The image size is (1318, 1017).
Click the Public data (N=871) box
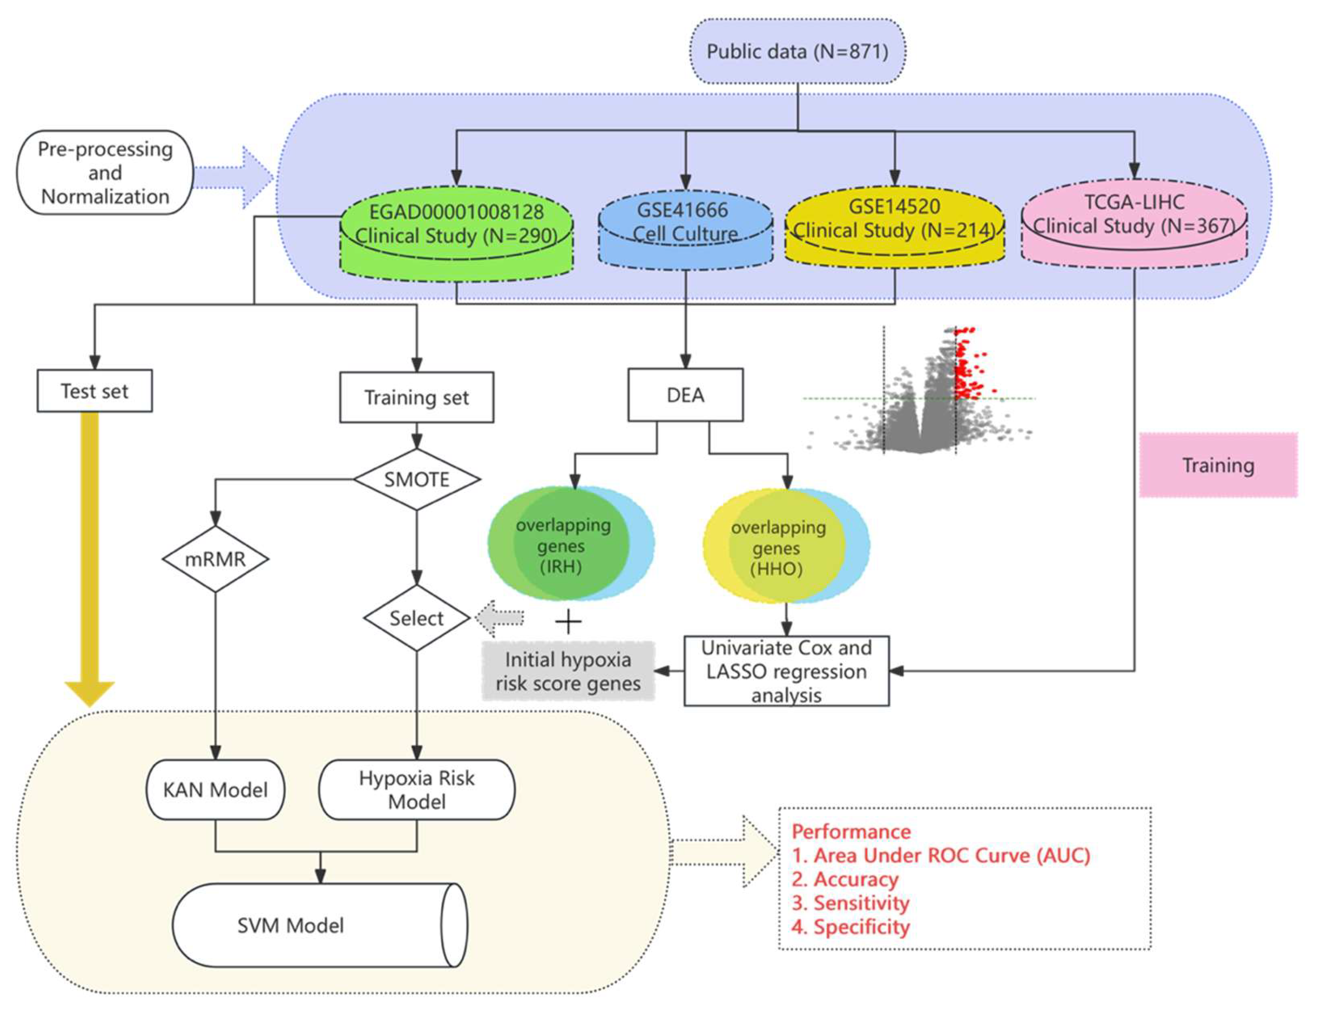797,51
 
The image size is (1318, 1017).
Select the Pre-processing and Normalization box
105,172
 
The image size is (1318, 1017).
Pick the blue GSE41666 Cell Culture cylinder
685,226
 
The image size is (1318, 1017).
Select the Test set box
95,391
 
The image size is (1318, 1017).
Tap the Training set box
417,397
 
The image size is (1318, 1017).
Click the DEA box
685,395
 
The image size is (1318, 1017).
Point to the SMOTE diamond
417,479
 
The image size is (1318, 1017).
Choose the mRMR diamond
215,559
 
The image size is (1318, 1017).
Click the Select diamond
417,618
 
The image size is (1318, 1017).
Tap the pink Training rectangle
1218,465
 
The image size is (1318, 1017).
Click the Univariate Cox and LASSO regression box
786,670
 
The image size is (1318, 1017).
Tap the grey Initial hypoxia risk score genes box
568,671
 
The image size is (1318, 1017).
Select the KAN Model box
215,790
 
